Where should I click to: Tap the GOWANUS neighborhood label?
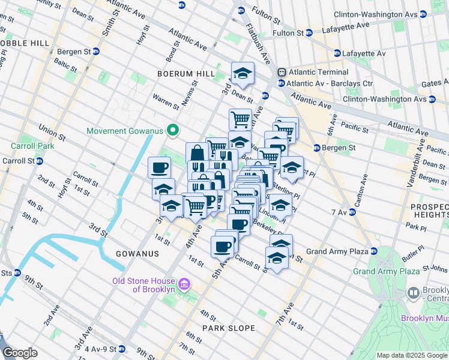(137, 254)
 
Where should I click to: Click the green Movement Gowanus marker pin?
(173, 130)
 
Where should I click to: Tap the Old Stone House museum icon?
(184, 283)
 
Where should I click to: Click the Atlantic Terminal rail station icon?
(281, 72)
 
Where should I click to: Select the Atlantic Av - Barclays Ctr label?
(330, 83)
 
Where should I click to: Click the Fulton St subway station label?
(264, 10)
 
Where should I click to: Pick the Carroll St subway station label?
(19, 161)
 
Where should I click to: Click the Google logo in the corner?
(20, 353)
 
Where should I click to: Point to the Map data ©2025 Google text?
(412, 355)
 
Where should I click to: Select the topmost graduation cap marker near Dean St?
(243, 74)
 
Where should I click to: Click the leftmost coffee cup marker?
(159, 167)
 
